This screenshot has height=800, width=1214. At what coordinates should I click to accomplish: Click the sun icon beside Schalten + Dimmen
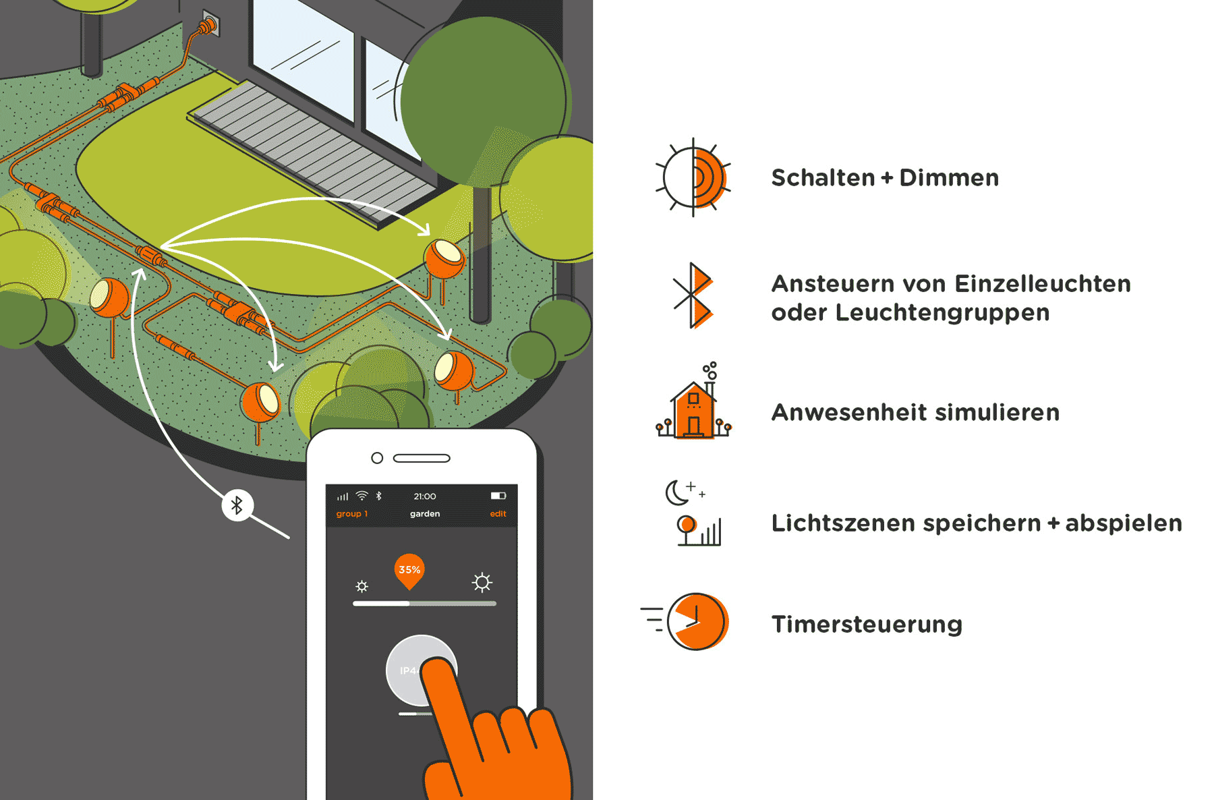click(693, 178)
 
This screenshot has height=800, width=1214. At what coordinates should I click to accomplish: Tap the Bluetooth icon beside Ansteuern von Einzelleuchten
click(693, 295)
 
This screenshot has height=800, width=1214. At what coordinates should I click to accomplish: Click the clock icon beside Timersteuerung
click(697, 622)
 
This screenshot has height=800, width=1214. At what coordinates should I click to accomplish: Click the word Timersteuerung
click(867, 624)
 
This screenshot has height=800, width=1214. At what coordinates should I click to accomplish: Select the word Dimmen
click(949, 178)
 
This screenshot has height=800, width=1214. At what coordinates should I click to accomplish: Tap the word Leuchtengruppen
click(942, 312)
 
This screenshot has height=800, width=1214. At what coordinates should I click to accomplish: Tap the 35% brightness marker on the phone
click(409, 571)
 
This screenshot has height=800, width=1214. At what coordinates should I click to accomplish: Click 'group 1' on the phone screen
click(352, 514)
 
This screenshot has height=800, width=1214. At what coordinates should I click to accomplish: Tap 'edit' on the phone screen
click(498, 514)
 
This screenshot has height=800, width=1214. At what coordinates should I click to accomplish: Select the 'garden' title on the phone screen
click(425, 514)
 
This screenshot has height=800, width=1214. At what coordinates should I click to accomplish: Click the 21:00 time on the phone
click(425, 496)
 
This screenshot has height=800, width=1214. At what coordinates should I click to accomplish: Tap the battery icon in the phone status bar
click(498, 496)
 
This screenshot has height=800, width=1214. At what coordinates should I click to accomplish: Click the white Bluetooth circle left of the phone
click(237, 505)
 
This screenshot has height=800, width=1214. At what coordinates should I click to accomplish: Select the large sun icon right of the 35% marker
click(482, 582)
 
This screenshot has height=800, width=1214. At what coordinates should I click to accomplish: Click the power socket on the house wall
click(208, 26)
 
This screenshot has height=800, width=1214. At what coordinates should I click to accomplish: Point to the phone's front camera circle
click(377, 458)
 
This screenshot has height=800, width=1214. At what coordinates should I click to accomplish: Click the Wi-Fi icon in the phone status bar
click(362, 496)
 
